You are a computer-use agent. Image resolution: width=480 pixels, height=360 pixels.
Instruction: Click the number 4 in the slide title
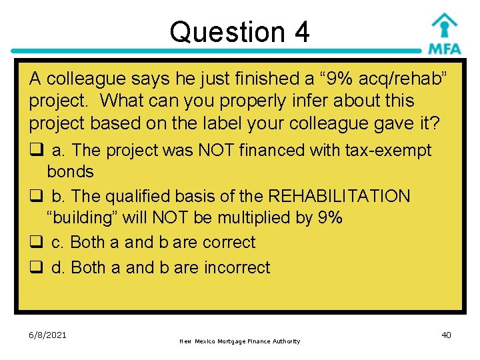pyautogui.click(x=301, y=32)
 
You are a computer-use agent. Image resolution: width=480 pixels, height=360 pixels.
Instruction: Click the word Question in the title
pyautogui.click(x=220, y=32)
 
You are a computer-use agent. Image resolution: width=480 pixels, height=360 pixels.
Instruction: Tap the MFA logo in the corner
pyautogui.click(x=444, y=33)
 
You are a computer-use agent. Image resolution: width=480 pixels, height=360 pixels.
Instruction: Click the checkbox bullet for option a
pyautogui.click(x=35, y=151)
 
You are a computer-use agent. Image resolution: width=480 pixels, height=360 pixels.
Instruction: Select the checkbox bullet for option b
pyautogui.click(x=35, y=197)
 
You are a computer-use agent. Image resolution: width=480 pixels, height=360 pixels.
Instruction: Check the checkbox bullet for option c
pyautogui.click(x=35, y=243)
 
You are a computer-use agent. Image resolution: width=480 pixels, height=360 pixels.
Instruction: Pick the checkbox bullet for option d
pyautogui.click(x=35, y=268)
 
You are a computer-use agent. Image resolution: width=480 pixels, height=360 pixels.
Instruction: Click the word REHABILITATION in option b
pyautogui.click(x=339, y=196)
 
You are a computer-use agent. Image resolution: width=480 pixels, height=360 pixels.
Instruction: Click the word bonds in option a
pyautogui.click(x=70, y=171)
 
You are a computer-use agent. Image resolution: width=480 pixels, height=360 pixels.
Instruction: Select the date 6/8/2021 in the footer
pyautogui.click(x=48, y=335)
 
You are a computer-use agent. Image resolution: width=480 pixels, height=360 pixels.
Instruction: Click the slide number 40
pyautogui.click(x=446, y=335)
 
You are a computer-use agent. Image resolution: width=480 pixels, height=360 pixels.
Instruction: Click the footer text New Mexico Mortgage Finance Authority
pyautogui.click(x=240, y=341)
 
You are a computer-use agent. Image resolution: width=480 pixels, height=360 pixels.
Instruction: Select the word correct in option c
pyautogui.click(x=226, y=242)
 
